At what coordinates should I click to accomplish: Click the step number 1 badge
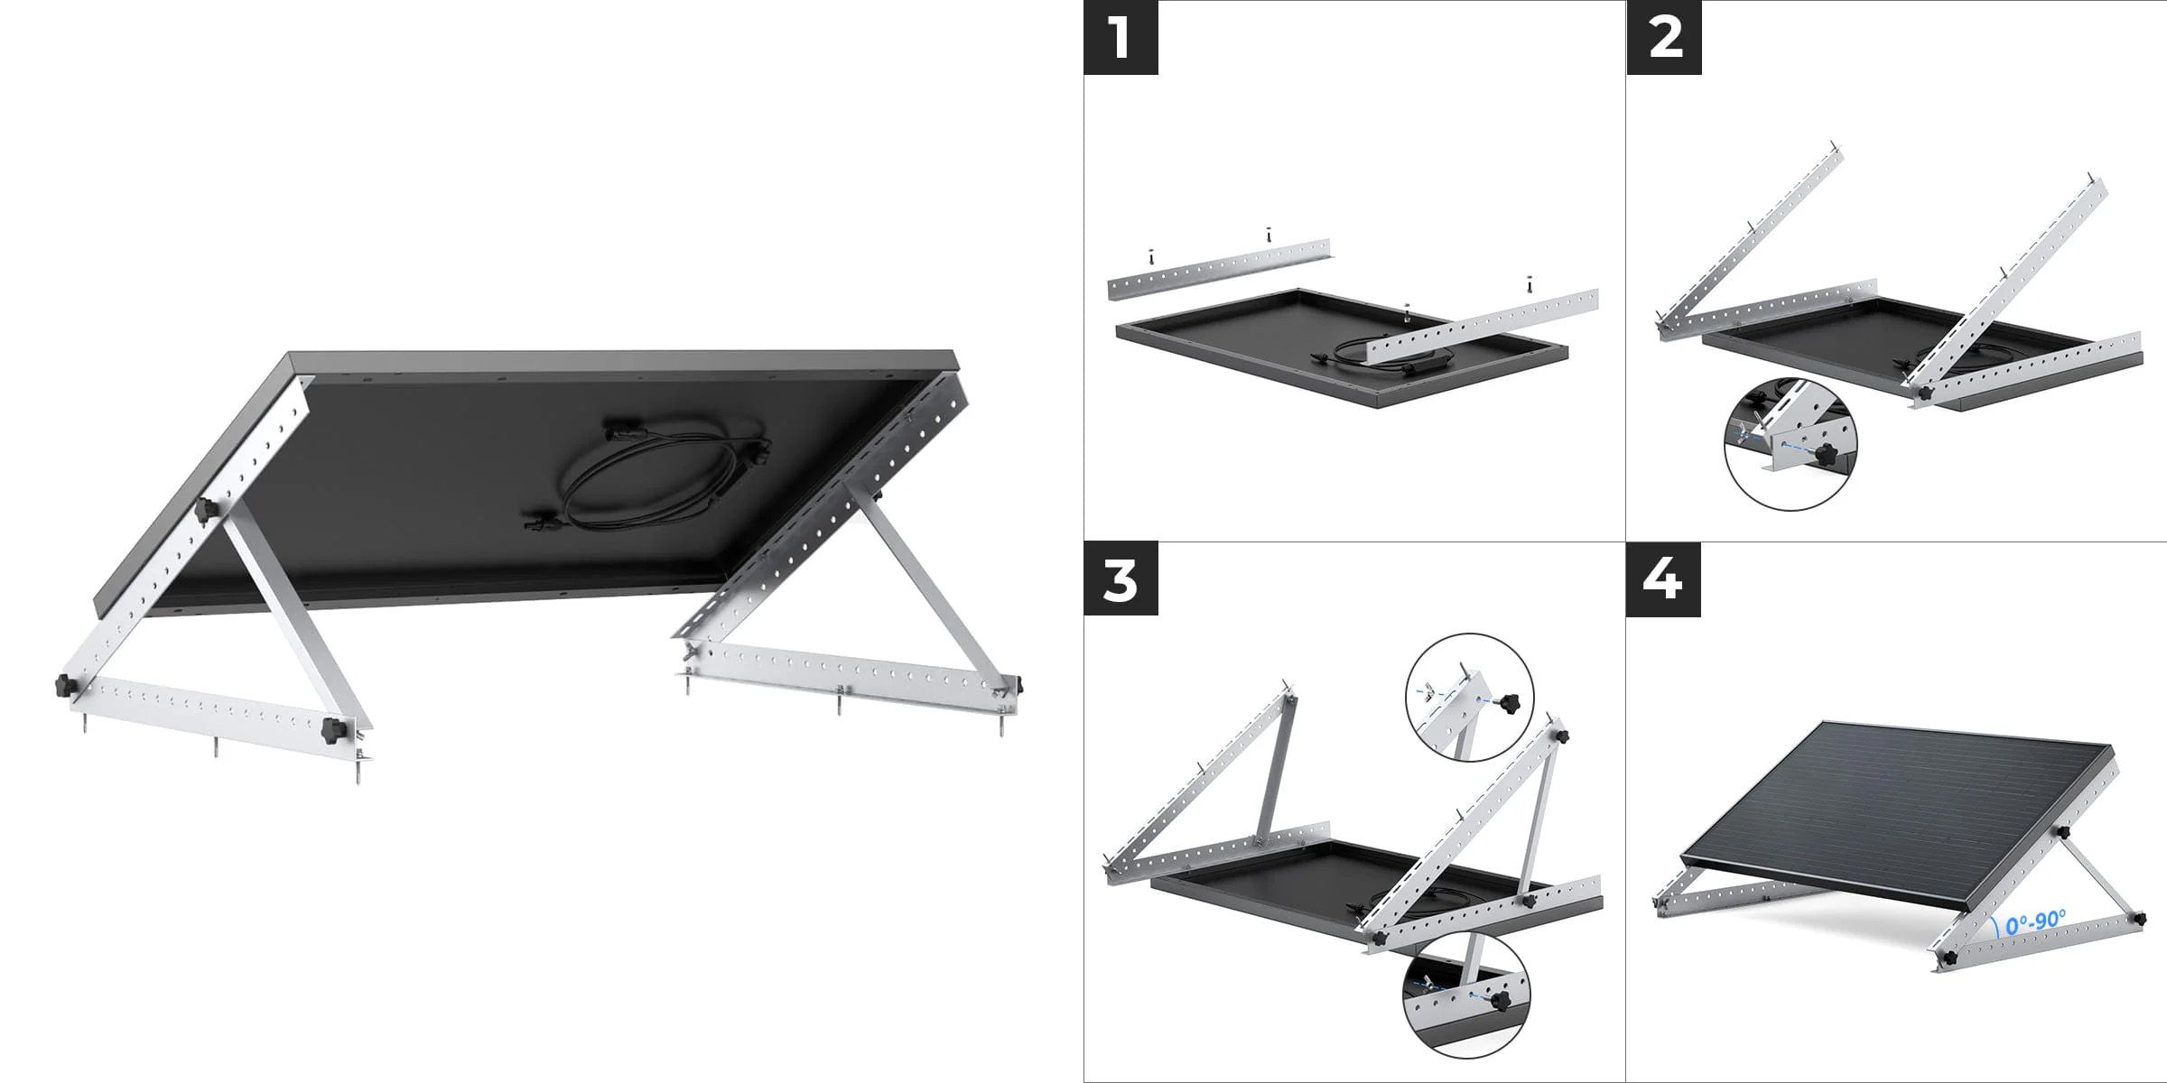tap(1121, 37)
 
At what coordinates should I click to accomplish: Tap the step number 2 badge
tap(1664, 37)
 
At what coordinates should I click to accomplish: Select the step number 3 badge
tap(1121, 579)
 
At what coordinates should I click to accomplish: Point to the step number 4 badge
tap(1664, 579)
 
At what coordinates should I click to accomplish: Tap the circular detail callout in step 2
tap(1791, 444)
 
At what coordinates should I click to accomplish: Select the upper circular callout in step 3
tap(1470, 697)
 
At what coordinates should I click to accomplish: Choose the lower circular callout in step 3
tap(1466, 995)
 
